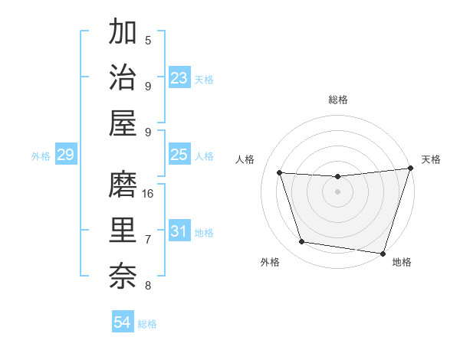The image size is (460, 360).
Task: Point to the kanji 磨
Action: click(x=123, y=185)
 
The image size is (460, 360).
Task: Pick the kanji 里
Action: click(x=123, y=229)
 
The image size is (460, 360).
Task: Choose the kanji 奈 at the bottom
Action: click(x=123, y=274)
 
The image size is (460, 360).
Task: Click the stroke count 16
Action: click(x=148, y=194)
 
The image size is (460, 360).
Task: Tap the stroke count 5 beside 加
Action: click(x=148, y=41)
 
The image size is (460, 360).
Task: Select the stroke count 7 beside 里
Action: click(x=148, y=240)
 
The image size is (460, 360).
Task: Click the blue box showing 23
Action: click(x=179, y=78)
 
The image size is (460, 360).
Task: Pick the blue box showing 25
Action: click(x=179, y=155)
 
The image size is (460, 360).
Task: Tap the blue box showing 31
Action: click(x=179, y=231)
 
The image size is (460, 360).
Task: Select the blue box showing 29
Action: click(x=65, y=155)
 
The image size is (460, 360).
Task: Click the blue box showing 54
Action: click(x=123, y=322)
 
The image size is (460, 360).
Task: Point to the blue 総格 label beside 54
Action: click(x=148, y=324)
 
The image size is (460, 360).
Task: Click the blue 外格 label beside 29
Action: click(x=41, y=156)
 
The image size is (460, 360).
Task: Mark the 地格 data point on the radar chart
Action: click(x=383, y=253)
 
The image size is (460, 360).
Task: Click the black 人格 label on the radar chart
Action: click(x=245, y=159)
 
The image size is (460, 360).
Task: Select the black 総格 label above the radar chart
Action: click(x=338, y=100)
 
